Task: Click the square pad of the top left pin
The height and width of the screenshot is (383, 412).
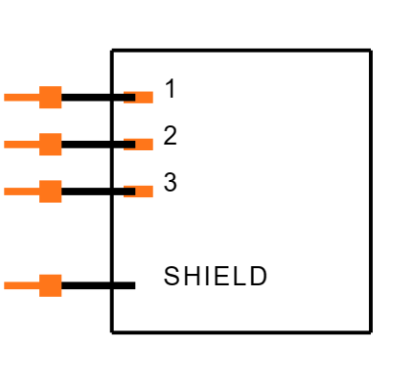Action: tap(51, 98)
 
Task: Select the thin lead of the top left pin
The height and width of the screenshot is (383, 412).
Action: tap(22, 97)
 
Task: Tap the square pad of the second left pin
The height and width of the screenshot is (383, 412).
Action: tap(51, 145)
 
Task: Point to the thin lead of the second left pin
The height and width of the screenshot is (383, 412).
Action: tap(22, 144)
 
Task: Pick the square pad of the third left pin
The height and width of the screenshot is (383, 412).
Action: tap(51, 191)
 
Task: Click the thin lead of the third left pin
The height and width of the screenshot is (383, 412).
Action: tap(22, 191)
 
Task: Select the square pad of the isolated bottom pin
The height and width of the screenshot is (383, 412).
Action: tap(51, 285)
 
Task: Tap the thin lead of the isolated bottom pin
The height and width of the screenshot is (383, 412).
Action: tap(22, 285)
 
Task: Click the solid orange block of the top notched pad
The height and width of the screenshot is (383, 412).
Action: tap(145, 97)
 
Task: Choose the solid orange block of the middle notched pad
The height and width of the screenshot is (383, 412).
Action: tap(145, 144)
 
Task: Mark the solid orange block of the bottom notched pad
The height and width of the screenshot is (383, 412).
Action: tap(145, 191)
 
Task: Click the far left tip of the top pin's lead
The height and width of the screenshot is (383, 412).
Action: tap(5, 97)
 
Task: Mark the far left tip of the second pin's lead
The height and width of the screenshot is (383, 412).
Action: tap(5, 144)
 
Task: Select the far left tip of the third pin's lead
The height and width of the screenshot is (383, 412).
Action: tap(5, 191)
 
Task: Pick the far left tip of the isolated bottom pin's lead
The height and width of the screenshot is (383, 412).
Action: tap(5, 285)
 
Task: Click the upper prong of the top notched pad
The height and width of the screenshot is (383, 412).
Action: tap(129, 92)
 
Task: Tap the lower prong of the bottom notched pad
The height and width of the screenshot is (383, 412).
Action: tap(129, 196)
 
